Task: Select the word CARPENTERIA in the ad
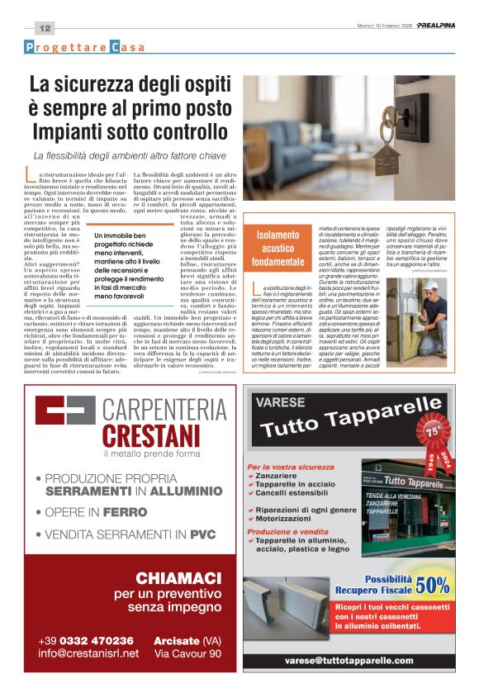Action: tap(164, 410)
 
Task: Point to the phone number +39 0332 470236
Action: tap(86, 640)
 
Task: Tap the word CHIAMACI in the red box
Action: tap(179, 577)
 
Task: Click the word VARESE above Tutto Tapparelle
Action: tap(280, 404)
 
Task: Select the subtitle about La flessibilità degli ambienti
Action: tap(130, 155)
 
